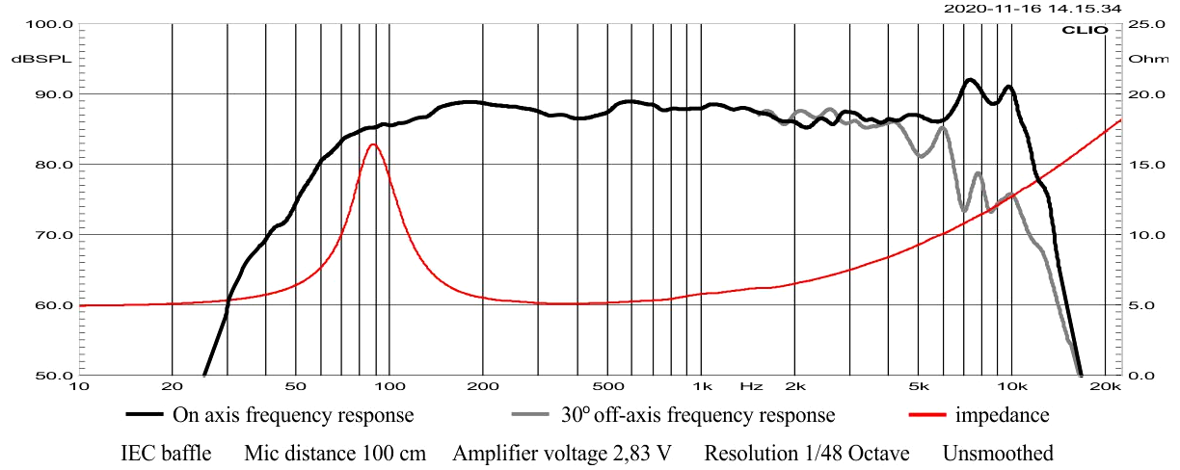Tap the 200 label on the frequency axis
point(482,387)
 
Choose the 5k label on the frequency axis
point(918,387)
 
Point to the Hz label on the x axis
point(751,387)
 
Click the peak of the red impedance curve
point(373,144)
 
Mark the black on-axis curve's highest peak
point(970,80)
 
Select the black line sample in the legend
point(145,416)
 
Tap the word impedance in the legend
point(1002,416)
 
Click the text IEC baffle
point(166,453)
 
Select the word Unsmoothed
point(998,453)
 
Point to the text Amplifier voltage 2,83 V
point(561,453)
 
